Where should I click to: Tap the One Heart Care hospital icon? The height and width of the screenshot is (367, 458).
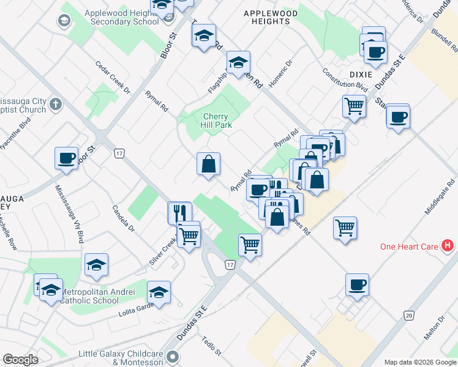coord(448,247)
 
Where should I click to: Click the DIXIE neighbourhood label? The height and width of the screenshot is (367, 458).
coord(361,74)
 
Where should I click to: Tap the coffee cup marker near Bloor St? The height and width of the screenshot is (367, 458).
coord(66,158)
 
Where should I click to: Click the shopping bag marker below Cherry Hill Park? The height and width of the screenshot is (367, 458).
coord(208,164)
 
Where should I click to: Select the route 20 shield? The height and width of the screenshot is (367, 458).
coord(409,315)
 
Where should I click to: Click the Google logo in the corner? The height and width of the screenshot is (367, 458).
coord(20,360)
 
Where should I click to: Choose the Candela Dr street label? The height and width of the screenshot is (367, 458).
coord(123,218)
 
